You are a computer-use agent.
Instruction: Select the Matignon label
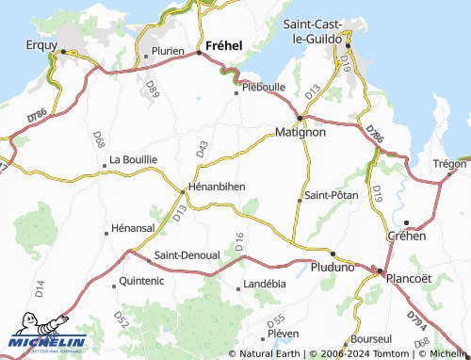(x=300, y=133)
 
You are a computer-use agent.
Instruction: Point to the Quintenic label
(x=142, y=281)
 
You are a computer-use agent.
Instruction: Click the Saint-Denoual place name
(x=187, y=255)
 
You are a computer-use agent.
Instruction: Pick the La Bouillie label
(x=133, y=160)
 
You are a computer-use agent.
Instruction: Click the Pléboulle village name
(x=264, y=88)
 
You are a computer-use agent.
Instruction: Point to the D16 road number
(x=240, y=240)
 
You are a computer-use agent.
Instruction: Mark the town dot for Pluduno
(x=333, y=253)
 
